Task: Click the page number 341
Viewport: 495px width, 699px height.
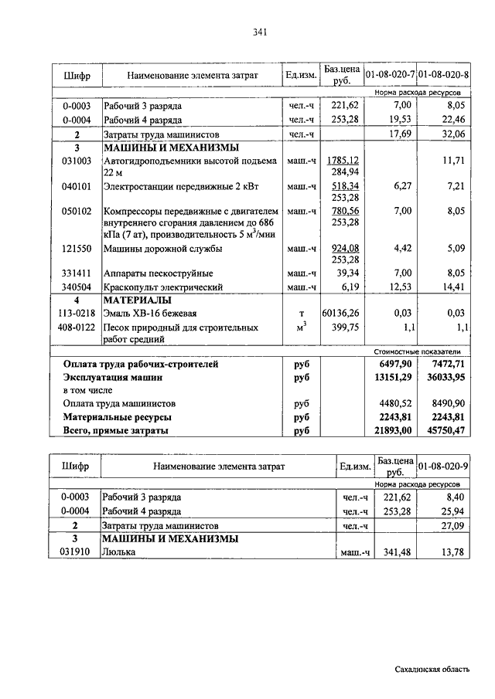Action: point(259,32)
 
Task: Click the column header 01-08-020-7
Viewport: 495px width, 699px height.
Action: point(391,75)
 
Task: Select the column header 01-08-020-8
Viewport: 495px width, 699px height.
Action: point(443,75)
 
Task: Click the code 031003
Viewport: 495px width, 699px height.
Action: point(77,161)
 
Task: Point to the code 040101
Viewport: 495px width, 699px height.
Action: point(77,186)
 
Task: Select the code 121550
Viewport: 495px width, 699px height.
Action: point(77,249)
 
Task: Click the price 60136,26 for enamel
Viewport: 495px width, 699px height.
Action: point(341,313)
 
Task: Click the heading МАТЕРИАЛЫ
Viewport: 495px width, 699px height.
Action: point(138,300)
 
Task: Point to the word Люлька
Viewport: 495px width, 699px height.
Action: point(119,553)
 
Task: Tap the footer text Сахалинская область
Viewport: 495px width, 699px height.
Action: point(431,670)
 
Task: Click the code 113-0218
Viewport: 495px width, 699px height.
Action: point(77,313)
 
